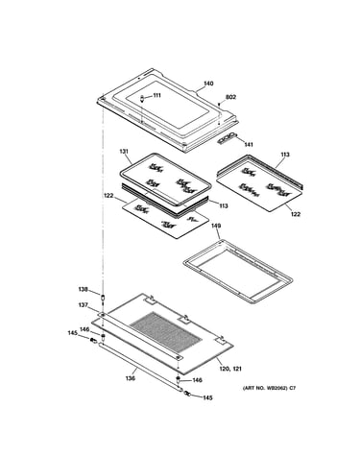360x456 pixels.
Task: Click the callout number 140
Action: pos(208,84)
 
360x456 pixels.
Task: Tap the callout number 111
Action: pos(156,95)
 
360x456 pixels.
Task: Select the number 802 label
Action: pos(230,97)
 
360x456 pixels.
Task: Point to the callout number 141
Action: pos(249,144)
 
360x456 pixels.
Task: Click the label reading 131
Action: pos(124,152)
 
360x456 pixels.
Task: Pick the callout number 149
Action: pos(216,226)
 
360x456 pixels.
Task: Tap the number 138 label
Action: pos(83,289)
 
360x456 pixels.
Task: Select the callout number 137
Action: pos(83,305)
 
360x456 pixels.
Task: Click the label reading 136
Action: pos(130,378)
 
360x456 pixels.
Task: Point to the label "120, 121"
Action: pos(230,369)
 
